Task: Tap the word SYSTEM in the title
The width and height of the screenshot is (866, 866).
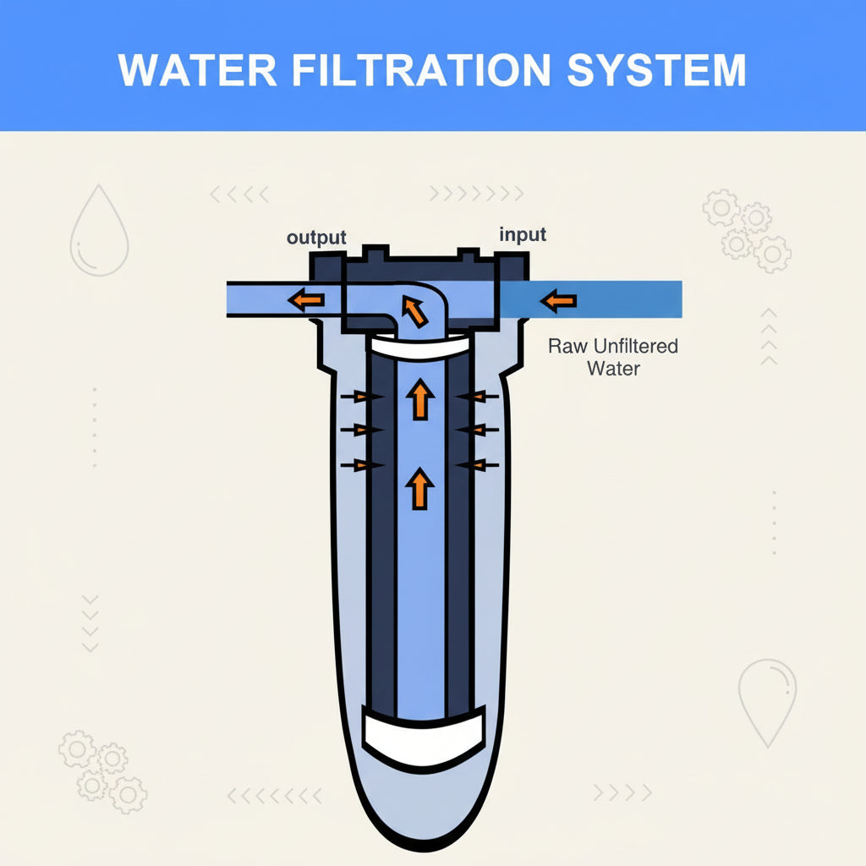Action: click(x=656, y=70)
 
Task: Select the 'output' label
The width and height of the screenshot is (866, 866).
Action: click(x=316, y=238)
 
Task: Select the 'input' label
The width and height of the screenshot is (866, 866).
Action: click(x=523, y=234)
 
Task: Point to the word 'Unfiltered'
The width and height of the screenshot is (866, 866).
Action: click(x=636, y=347)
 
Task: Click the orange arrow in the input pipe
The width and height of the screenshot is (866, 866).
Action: click(x=559, y=300)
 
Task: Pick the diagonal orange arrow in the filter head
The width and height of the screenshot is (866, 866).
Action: click(x=414, y=311)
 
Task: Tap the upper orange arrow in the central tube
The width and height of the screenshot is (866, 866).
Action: click(x=419, y=399)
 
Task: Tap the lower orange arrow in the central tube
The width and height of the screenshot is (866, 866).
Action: click(x=419, y=490)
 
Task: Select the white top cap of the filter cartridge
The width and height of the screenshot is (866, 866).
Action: click(x=419, y=346)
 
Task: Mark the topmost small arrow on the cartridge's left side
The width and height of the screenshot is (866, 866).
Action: click(x=359, y=396)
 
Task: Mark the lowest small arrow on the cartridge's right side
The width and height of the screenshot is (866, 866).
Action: click(x=474, y=463)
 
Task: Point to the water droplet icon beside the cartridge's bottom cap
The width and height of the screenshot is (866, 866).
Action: click(x=768, y=701)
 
